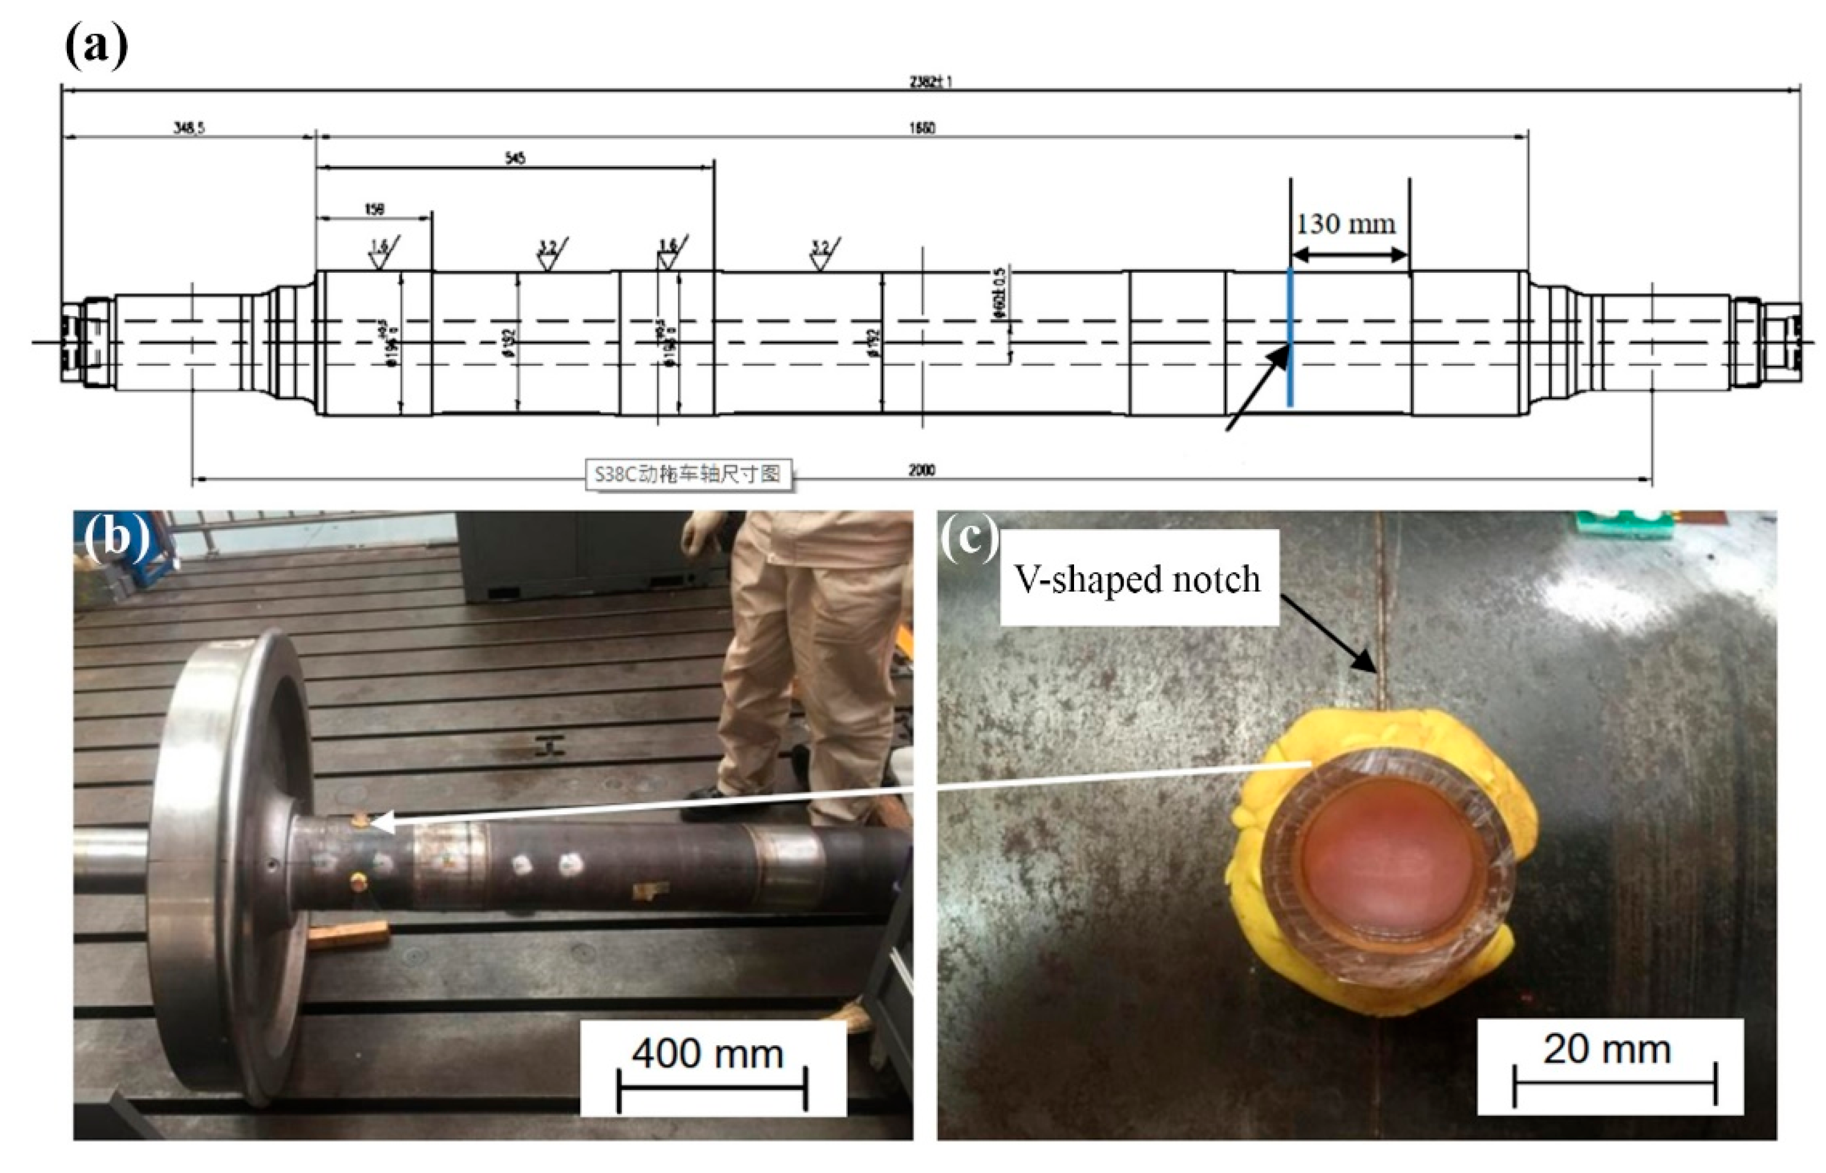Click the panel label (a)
tap(96, 47)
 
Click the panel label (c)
tap(969, 539)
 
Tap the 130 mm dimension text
tap(1346, 224)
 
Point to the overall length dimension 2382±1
tap(930, 82)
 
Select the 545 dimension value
tap(515, 159)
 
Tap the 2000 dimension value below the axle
tap(922, 470)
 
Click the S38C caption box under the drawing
tap(687, 474)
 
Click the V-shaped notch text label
tap(1137, 579)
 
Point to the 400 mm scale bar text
tap(708, 1054)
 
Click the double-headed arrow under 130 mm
tap(1349, 255)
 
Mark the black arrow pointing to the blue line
tap(1257, 388)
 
